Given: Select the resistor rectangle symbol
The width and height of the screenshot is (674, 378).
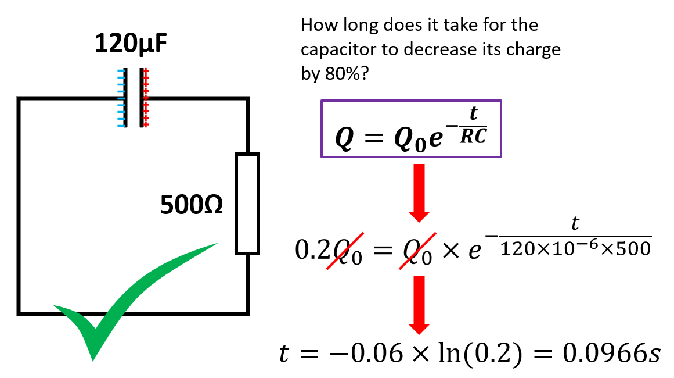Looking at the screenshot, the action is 247,204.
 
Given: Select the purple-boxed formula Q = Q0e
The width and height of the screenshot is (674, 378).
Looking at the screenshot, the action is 411,129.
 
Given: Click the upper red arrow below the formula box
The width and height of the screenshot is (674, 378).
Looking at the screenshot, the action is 419,192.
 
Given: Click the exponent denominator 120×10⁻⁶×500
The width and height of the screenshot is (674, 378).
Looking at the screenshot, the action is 575,248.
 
